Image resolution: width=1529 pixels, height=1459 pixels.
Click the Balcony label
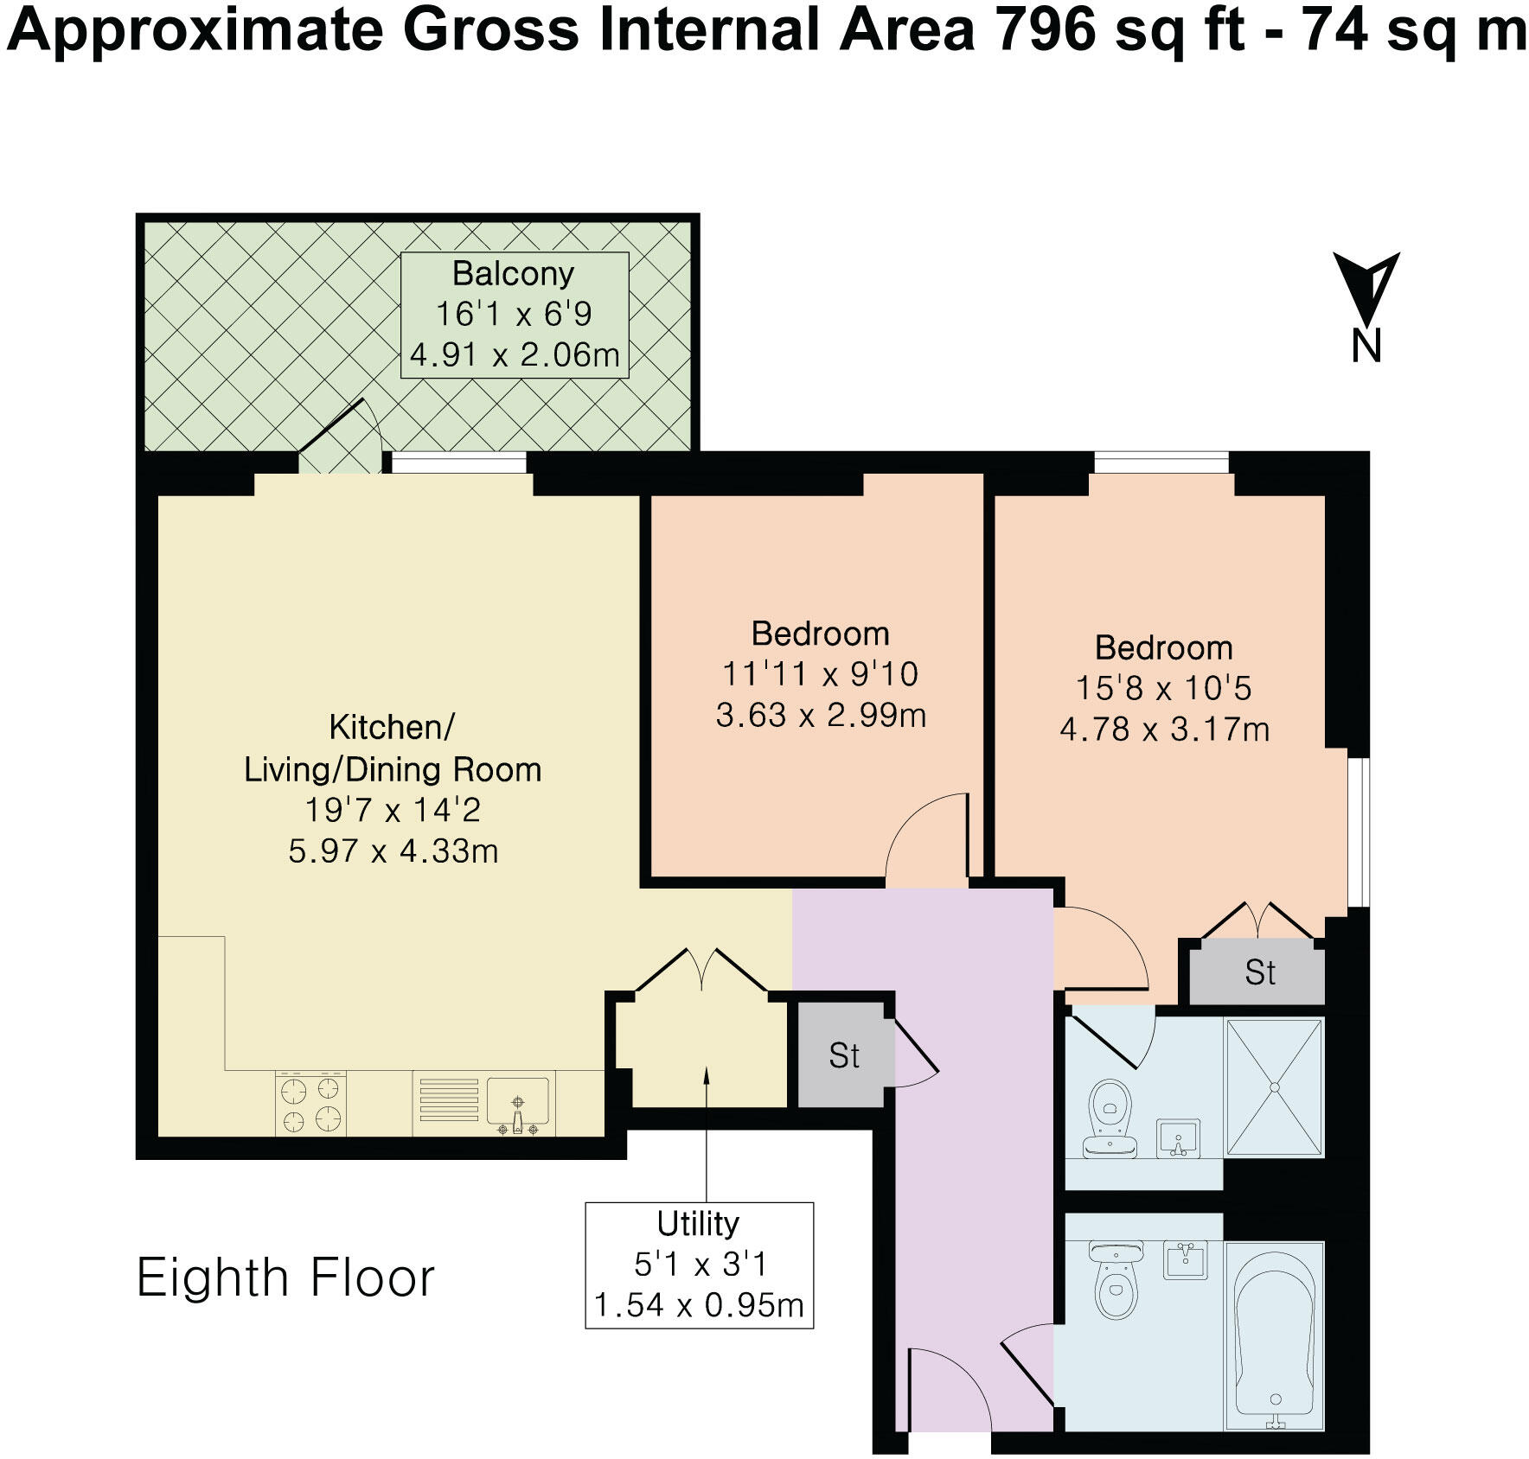tap(514, 274)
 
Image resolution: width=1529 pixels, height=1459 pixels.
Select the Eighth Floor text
tap(285, 1278)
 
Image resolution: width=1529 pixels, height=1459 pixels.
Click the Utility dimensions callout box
tap(699, 1264)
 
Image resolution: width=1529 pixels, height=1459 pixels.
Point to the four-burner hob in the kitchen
tap(311, 1104)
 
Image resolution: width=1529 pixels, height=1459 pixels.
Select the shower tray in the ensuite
tap(1274, 1087)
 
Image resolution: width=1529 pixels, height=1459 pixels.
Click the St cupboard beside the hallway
tap(843, 1055)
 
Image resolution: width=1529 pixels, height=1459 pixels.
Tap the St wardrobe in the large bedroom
tap(1258, 973)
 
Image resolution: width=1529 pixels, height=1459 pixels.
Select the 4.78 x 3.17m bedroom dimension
tap(1164, 729)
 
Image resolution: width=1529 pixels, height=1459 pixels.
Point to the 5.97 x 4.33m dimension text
tap(393, 851)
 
